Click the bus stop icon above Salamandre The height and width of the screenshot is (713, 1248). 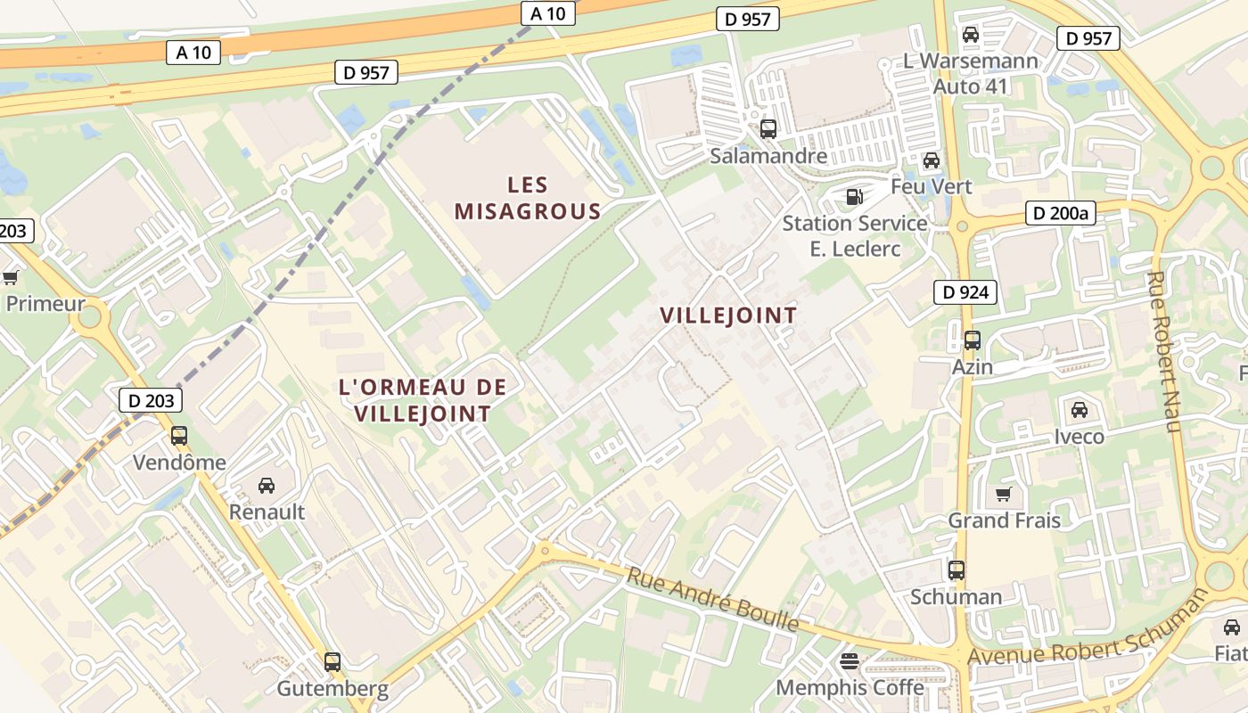point(768,128)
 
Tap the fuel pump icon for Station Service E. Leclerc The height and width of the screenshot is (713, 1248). point(854,196)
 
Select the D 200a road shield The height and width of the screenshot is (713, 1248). point(1060,213)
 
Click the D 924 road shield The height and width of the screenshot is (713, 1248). point(965,291)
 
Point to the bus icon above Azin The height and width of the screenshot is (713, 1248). point(972,340)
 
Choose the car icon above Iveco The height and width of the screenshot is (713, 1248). point(1079,410)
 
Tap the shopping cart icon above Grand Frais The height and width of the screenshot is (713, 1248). point(1004,494)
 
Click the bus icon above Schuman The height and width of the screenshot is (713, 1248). point(957,570)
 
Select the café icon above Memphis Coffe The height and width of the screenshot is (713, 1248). point(849,661)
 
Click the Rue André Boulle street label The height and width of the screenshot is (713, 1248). point(712,598)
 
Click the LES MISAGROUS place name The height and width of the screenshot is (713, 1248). point(528,198)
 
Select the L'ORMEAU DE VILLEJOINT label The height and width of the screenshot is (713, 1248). point(423,400)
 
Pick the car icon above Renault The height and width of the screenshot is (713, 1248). point(266,486)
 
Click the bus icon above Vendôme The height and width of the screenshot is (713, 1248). point(179,436)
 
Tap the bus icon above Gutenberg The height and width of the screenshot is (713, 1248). point(333,661)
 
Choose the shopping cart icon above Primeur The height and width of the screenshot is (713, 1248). point(11,277)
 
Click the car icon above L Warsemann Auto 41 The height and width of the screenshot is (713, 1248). point(971,35)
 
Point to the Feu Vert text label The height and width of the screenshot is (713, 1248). point(932,186)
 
